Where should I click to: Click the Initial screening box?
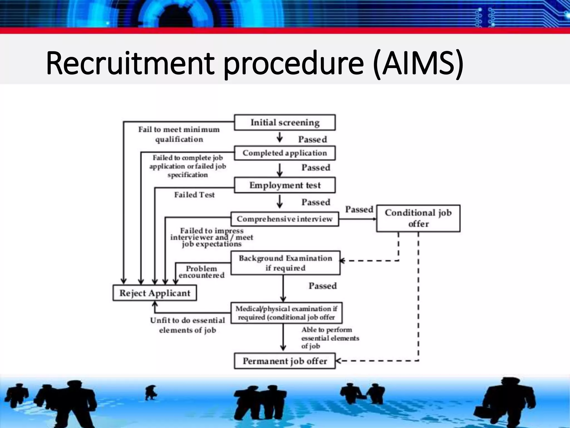[285, 122]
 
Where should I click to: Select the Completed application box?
[285, 153]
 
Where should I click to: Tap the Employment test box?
[285, 185]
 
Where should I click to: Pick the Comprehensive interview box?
[285, 219]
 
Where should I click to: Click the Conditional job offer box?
[418, 218]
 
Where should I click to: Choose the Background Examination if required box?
[285, 263]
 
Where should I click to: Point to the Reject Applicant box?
[155, 293]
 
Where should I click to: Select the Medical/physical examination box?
[286, 313]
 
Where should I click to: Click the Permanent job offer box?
[285, 361]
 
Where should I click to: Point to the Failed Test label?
[195, 195]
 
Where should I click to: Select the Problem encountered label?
[202, 272]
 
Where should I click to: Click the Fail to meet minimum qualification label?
[179, 134]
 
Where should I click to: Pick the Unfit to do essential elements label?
[188, 325]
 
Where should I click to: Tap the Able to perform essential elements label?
[330, 338]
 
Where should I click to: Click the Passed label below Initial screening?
[313, 139]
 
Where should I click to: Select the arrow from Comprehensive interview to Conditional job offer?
[357, 219]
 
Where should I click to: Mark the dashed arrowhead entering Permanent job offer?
[338, 361]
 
